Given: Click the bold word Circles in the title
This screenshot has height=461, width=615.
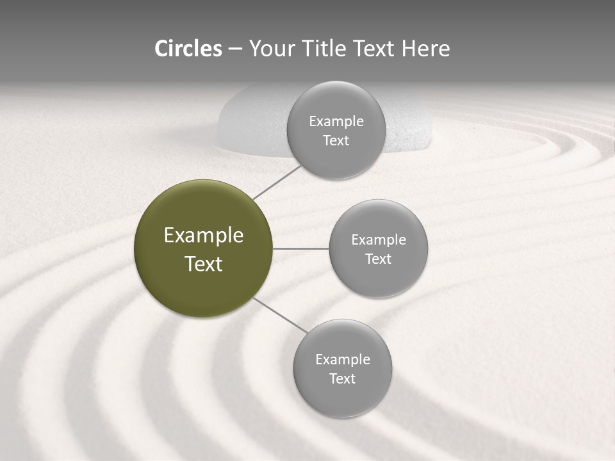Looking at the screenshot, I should [x=188, y=49].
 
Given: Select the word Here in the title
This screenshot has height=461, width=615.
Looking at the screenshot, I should [x=426, y=49].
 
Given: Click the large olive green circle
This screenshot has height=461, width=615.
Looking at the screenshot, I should [x=203, y=248].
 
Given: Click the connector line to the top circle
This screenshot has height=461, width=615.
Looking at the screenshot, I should [x=277, y=181].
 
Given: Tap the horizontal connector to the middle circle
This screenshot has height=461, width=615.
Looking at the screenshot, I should [x=300, y=248].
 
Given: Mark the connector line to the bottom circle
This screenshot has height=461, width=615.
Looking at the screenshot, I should [x=280, y=315].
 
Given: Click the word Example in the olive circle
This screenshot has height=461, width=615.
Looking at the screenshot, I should [x=204, y=236].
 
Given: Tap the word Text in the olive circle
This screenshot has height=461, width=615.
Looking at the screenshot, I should [x=204, y=264].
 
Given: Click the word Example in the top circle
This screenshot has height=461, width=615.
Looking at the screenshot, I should [x=336, y=122].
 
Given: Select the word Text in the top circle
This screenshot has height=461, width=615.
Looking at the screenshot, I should [x=336, y=141].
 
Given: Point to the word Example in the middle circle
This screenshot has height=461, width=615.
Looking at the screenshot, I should [x=379, y=240].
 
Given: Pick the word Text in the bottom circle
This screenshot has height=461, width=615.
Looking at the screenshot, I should [x=342, y=378].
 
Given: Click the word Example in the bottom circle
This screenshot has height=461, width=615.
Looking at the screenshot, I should [x=343, y=360].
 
